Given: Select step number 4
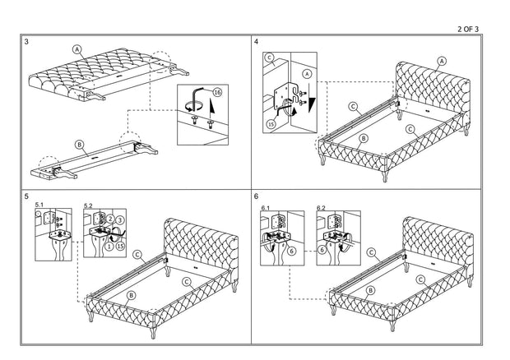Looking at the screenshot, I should (257, 41).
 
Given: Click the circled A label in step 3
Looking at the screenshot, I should (78, 49).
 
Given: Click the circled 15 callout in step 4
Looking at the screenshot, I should (271, 124).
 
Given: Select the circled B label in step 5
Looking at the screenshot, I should (132, 294).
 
